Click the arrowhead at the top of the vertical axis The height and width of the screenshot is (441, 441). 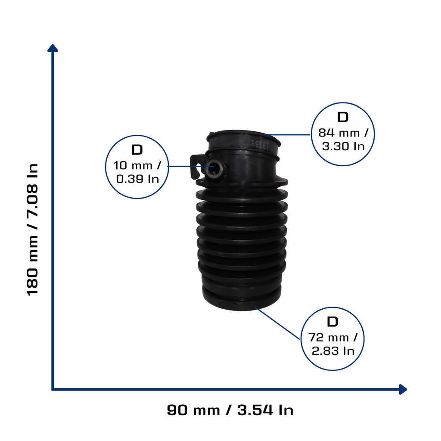click(x=53, y=48)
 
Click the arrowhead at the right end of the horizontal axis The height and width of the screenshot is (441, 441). click(x=403, y=389)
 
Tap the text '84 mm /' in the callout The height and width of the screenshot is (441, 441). click(x=343, y=133)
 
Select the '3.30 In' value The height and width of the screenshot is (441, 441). click(x=343, y=146)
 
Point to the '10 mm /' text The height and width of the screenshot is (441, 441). click(x=137, y=165)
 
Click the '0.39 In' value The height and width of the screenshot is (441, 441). click(x=137, y=179)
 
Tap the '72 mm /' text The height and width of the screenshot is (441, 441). click(x=333, y=338)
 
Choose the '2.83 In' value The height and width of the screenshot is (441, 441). click(x=333, y=351)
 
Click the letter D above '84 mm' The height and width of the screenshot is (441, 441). click(x=343, y=117)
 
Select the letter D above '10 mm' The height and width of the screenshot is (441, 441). click(x=137, y=150)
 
